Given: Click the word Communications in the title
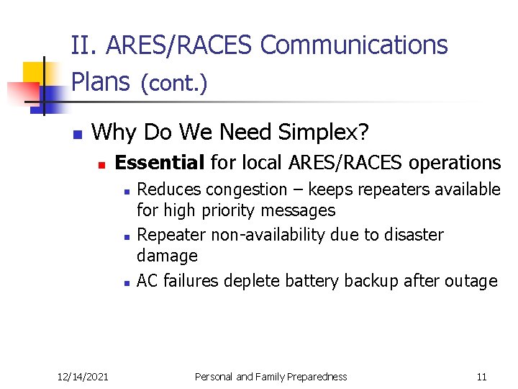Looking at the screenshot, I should point(354,45).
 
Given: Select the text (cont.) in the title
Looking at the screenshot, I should point(174,84).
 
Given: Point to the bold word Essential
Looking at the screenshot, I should point(159,163).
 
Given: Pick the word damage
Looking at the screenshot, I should point(167,256).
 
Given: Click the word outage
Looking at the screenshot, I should point(471,281).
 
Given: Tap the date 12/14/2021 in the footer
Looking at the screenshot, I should point(83,377).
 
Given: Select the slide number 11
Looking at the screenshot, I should point(481,377).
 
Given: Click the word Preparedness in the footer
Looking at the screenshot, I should point(312,377).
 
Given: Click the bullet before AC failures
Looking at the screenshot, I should point(126,283).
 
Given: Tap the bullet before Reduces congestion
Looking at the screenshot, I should point(126,192).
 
